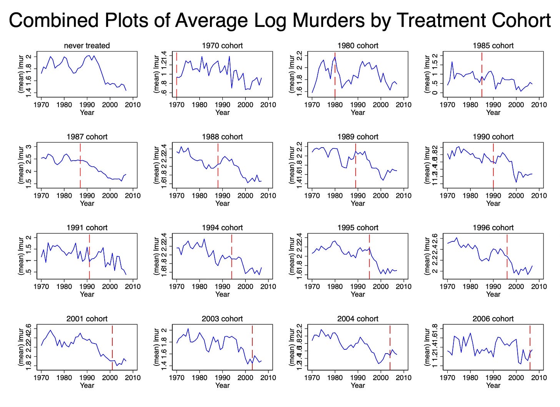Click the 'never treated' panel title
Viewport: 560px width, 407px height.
87,46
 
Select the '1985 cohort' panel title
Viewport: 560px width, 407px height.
493,46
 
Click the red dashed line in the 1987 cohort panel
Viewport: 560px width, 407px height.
80,169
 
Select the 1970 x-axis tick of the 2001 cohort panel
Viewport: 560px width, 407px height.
41,377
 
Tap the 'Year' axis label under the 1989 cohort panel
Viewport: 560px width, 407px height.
358,203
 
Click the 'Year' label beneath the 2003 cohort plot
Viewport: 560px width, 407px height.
222,385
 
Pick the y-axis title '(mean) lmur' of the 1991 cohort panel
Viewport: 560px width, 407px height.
21,256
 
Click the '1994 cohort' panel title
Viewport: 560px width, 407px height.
222,228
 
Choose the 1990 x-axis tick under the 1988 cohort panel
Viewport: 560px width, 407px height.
222,195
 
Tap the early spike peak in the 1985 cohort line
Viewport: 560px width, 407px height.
452,62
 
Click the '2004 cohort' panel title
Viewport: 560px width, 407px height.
358,319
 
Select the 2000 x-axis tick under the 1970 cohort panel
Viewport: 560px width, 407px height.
245,105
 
